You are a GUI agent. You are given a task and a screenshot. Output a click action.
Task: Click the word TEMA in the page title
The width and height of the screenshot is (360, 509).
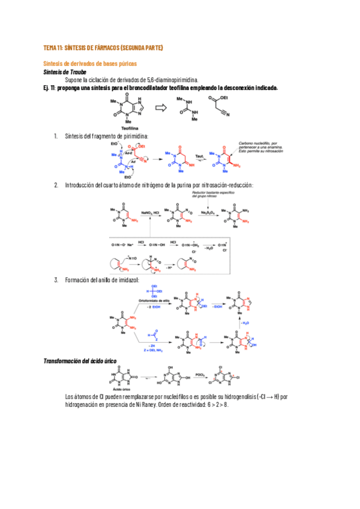[x=50, y=48]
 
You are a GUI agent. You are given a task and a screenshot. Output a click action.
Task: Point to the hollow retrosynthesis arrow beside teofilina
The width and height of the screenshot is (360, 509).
[x=161, y=108]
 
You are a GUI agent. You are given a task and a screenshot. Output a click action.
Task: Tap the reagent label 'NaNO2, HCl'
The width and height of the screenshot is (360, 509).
[x=151, y=212]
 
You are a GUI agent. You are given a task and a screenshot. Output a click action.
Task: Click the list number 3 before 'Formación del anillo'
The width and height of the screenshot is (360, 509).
[x=56, y=280]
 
